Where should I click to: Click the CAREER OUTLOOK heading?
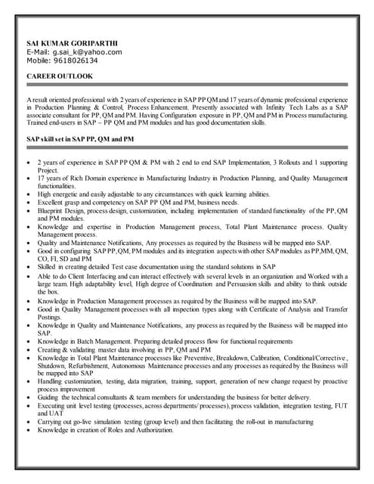click(x=60, y=77)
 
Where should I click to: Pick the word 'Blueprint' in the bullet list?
click(x=51, y=212)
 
